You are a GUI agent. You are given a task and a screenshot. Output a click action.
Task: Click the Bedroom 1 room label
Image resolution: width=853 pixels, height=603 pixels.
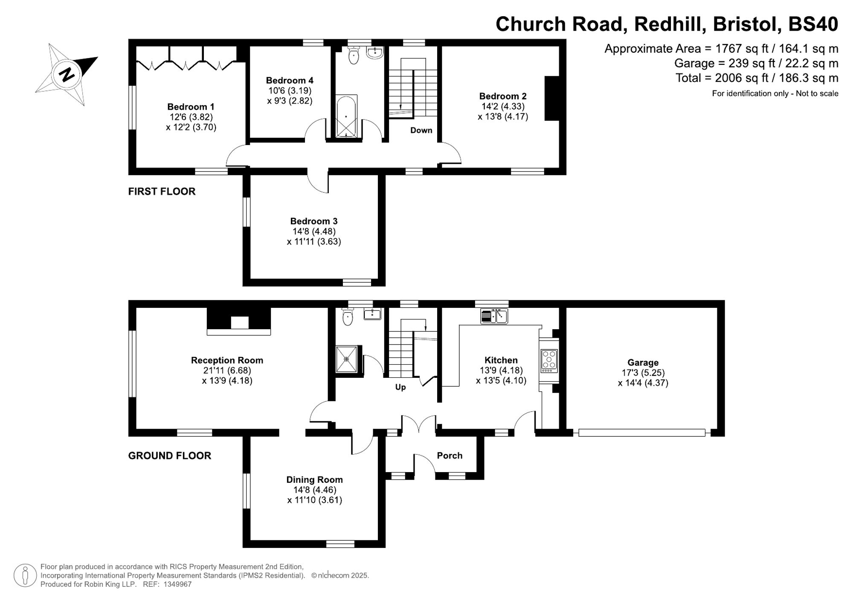(x=191, y=107)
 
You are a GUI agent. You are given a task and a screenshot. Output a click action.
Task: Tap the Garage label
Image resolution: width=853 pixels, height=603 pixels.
(x=643, y=362)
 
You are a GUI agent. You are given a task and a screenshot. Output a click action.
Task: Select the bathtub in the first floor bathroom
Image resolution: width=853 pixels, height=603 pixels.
(x=346, y=116)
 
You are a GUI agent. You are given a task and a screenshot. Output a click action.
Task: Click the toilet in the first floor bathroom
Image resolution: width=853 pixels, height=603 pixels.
(x=354, y=56)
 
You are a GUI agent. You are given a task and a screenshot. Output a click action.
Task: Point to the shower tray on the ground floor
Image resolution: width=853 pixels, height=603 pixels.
(x=346, y=359)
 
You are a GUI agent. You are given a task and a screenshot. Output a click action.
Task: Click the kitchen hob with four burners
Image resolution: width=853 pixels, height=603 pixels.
(x=549, y=359)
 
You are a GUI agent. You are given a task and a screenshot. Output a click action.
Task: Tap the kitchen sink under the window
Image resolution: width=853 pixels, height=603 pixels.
(x=494, y=316)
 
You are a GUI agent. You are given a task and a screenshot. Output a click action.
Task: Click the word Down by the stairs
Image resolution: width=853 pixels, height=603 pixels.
(x=421, y=130)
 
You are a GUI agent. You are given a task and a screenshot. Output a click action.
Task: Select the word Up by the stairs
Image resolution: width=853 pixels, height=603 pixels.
(x=400, y=387)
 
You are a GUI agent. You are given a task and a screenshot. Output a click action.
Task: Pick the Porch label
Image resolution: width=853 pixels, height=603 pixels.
(x=450, y=455)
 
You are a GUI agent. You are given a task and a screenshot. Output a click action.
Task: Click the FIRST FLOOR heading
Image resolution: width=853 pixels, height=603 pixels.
(x=162, y=191)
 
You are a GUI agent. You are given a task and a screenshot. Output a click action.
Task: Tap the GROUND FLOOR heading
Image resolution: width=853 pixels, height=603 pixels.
(x=169, y=455)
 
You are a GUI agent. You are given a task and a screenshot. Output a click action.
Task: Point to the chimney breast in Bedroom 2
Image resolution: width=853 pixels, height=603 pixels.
(x=552, y=99)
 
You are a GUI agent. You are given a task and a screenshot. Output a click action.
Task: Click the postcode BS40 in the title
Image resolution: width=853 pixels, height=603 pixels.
(x=813, y=24)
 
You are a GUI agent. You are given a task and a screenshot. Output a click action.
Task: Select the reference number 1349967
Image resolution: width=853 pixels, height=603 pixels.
(x=177, y=584)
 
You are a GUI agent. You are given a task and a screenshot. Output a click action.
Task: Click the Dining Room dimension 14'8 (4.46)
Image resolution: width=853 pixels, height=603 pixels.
(x=315, y=490)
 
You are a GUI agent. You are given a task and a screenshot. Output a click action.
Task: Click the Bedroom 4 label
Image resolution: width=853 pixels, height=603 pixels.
(x=290, y=80)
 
